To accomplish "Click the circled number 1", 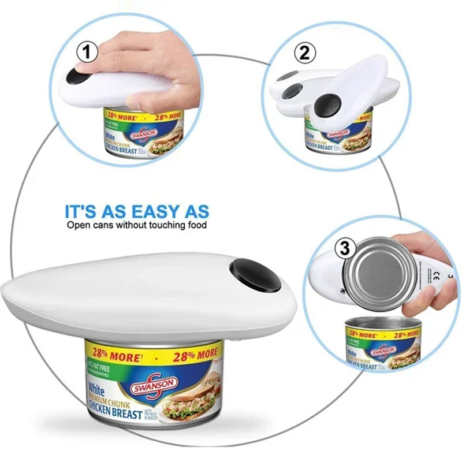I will [87, 53].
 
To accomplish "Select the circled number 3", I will [345, 249].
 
